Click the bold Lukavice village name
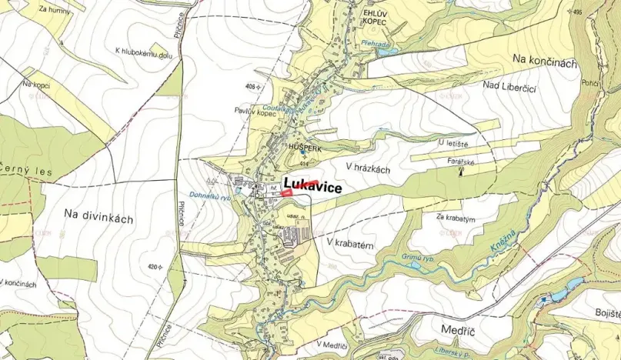pos(312,185)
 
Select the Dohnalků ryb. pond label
pos(210,196)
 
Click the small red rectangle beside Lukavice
pos(286,195)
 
